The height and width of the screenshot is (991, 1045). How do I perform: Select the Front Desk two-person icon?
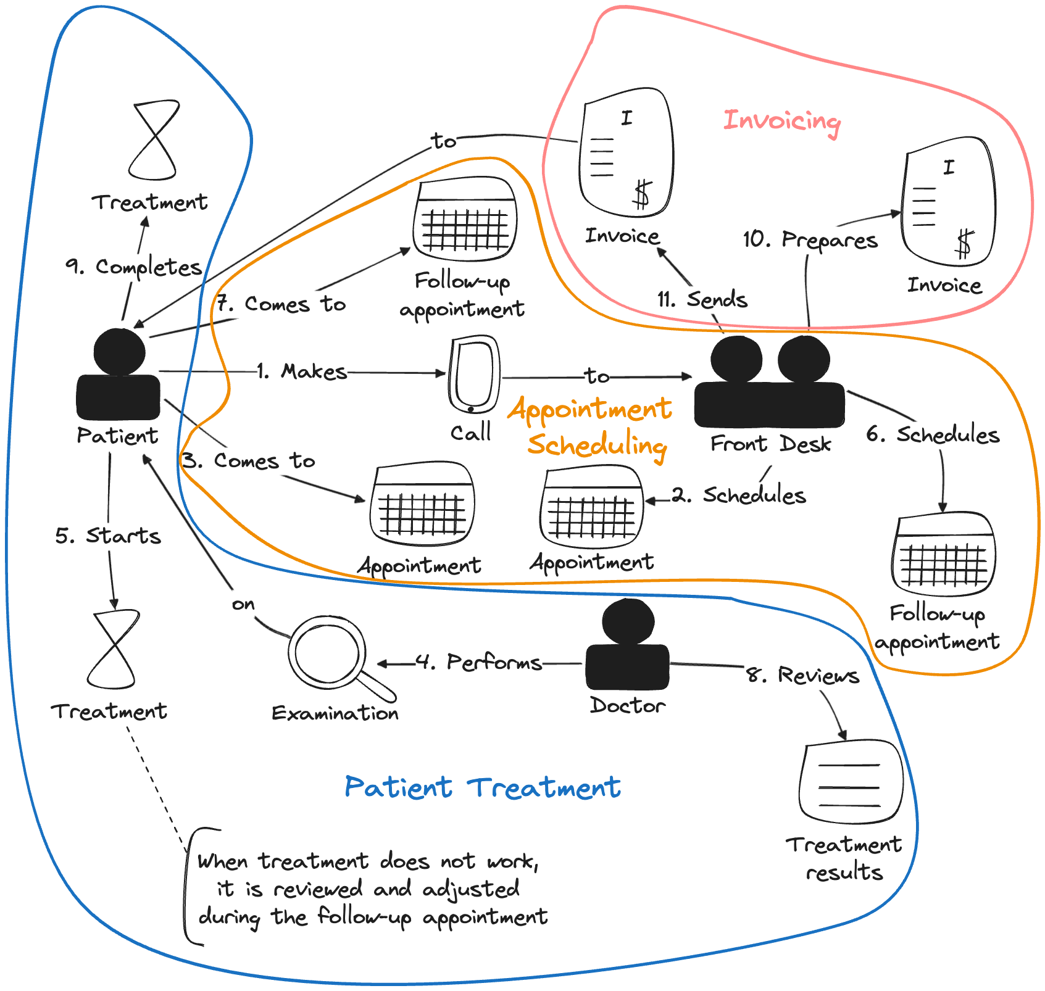pyautogui.click(x=770, y=382)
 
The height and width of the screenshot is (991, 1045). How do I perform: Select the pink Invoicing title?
pyautogui.click(x=782, y=120)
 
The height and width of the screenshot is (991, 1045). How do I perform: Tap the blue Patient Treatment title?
pyautogui.click(x=483, y=788)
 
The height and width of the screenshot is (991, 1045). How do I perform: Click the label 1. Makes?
pyautogui.click(x=302, y=371)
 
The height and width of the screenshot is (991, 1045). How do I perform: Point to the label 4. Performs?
pyautogui.click(x=479, y=662)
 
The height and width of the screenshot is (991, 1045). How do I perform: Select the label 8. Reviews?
pyautogui.click(x=802, y=675)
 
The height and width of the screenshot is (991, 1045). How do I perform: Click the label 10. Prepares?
pyautogui.click(x=810, y=239)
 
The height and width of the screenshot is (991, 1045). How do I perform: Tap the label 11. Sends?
pyautogui.click(x=702, y=300)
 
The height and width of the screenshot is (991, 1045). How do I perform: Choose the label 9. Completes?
pyautogui.click(x=134, y=267)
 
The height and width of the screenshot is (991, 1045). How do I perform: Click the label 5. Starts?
pyautogui.click(x=108, y=536)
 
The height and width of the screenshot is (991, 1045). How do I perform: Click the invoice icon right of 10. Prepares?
pyautogui.click(x=949, y=202)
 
